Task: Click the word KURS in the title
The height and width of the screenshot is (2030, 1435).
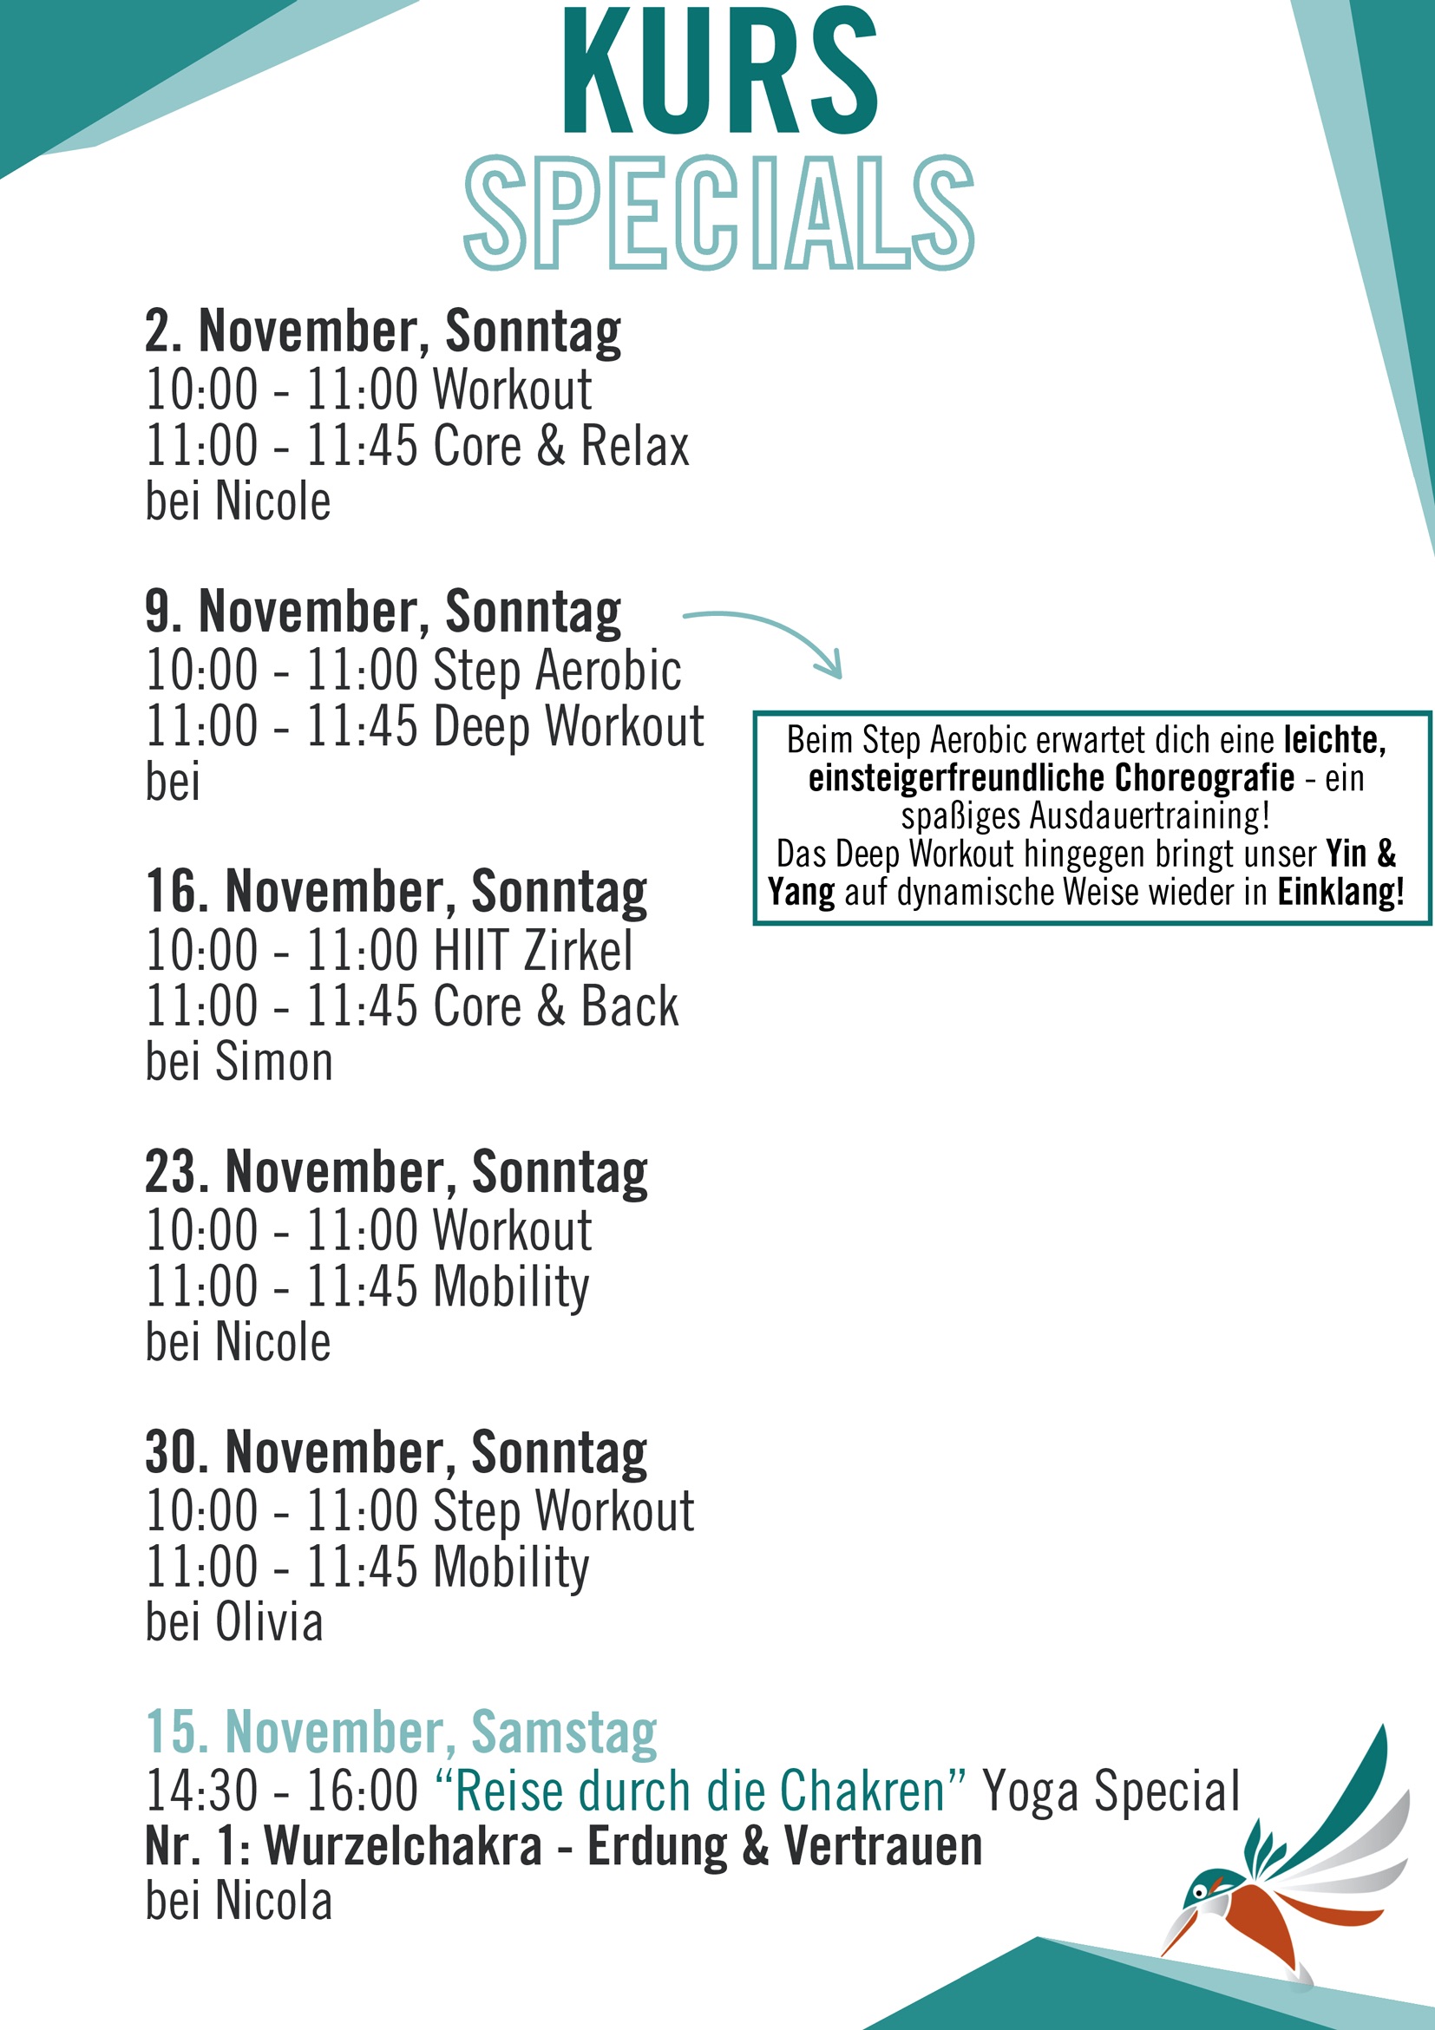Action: pyautogui.click(x=720, y=73)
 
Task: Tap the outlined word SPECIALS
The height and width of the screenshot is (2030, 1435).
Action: pyautogui.click(x=719, y=213)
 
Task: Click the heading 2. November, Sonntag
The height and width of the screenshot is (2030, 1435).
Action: pyautogui.click(x=383, y=331)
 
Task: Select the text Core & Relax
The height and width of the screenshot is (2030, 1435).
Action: pyautogui.click(x=560, y=446)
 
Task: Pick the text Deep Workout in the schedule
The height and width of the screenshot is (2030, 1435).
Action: pyautogui.click(x=568, y=727)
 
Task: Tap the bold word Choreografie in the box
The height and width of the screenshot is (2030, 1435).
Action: pyautogui.click(x=1204, y=778)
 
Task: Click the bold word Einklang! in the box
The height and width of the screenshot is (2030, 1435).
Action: pyautogui.click(x=1340, y=892)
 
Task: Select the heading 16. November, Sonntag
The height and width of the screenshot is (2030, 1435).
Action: pyautogui.click(x=396, y=892)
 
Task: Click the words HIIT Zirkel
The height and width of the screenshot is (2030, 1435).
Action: pyautogui.click(x=534, y=951)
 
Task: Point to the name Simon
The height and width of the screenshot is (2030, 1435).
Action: pyautogui.click(x=274, y=1062)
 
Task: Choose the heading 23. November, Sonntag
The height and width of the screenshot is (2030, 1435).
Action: pyautogui.click(x=396, y=1172)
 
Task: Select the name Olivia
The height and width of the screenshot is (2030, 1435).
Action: pyautogui.click(x=269, y=1622)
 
